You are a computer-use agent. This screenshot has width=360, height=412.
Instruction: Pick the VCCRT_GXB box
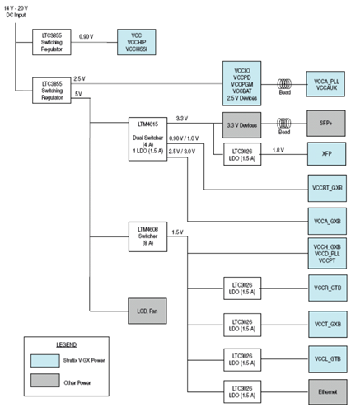328,187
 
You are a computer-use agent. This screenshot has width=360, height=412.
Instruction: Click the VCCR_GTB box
328,288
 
